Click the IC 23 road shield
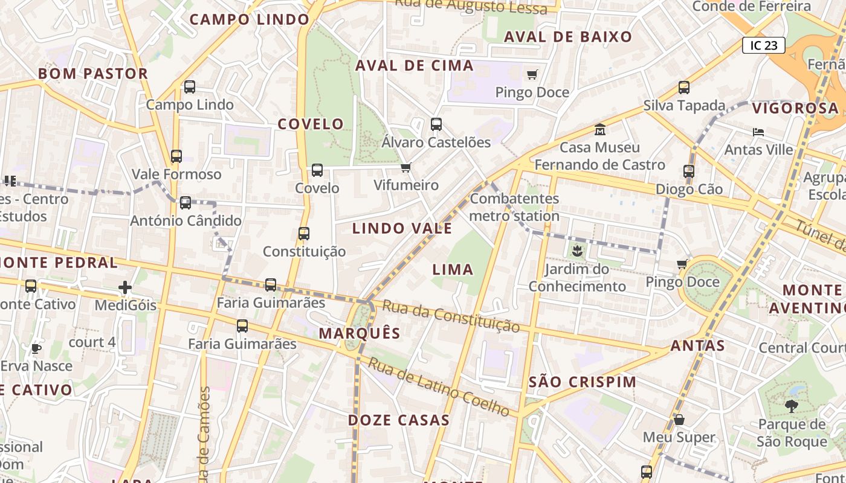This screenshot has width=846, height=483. coord(764,45)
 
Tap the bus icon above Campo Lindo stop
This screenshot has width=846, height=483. coord(190,87)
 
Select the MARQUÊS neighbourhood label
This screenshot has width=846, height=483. coord(360,333)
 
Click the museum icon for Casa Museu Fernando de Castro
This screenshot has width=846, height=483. coord(600,130)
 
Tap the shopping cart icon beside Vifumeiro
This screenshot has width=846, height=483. coord(406,167)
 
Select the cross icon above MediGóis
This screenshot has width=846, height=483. coord(125,287)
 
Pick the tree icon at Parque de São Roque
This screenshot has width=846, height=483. coord(791,406)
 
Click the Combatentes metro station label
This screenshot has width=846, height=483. coord(514,207)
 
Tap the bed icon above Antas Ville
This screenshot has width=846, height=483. coord(758,132)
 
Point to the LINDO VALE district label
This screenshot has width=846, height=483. coord(402,228)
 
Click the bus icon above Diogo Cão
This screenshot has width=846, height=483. coord(689,171)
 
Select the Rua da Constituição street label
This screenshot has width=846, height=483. coord(451,317)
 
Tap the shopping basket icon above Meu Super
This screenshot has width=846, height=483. coord(679,419)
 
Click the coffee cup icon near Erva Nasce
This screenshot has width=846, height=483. coord(36,348)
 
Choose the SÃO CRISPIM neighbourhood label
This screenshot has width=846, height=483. coord(583,382)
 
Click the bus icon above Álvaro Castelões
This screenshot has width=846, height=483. coord(436,124)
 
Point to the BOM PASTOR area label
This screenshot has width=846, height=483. coord(93,74)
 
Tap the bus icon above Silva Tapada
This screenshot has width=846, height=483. coord(684,88)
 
